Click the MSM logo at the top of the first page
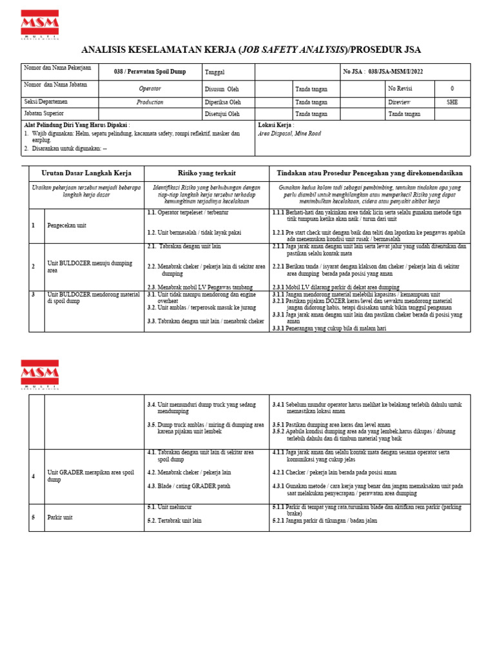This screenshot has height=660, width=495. [x=39, y=24]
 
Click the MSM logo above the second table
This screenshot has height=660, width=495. [x=39, y=374]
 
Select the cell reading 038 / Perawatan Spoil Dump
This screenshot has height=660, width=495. [x=150, y=72]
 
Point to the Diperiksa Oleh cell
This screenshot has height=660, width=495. [x=223, y=102]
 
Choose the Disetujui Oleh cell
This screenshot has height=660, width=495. [x=223, y=114]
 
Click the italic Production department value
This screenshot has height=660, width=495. [x=150, y=102]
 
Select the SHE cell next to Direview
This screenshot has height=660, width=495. [x=452, y=102]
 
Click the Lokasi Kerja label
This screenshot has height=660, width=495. [x=275, y=125]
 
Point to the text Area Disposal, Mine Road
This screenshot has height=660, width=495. [x=289, y=134]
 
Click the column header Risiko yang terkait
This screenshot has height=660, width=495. [x=206, y=173]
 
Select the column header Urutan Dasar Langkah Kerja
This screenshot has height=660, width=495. [x=86, y=173]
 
